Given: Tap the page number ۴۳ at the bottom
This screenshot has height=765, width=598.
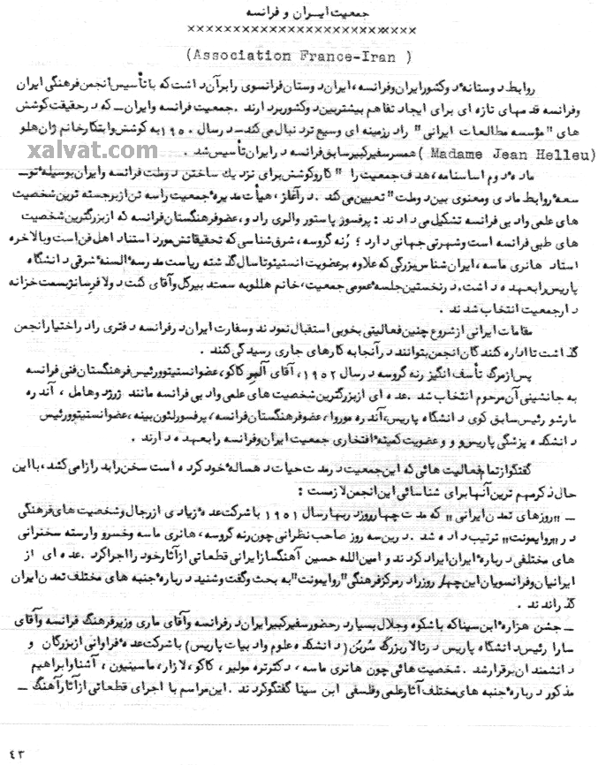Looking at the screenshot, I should point(17,752).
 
